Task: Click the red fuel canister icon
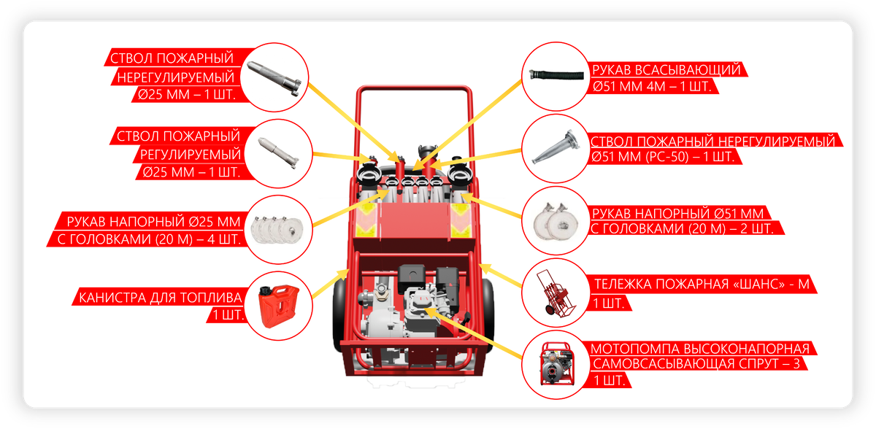pos(278,306)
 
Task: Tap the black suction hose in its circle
pos(556,74)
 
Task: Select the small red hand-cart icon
pos(556,293)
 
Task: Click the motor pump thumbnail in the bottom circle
pos(557,364)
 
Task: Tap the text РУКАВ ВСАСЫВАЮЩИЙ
pos(666,70)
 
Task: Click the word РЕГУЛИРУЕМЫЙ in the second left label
pos(190,155)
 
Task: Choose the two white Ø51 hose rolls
pos(556,222)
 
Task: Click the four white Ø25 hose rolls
pos(277,230)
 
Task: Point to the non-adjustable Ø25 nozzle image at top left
pos(274,77)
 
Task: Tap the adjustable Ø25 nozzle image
pos(277,153)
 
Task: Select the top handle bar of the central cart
pos(415,89)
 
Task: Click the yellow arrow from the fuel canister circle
pos(331,283)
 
